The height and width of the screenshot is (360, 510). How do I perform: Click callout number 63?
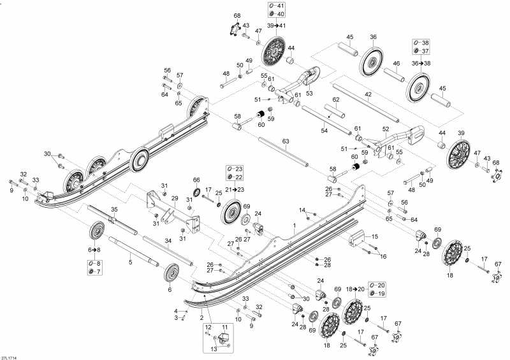point(285,141)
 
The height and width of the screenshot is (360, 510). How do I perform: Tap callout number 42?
point(368,94)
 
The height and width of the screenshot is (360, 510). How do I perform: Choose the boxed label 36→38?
point(420,63)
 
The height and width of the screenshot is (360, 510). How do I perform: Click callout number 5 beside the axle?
point(130,261)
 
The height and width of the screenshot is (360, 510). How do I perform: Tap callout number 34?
point(168,240)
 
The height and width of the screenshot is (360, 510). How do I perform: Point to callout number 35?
point(114,209)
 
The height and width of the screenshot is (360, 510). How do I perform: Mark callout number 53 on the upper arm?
point(310,93)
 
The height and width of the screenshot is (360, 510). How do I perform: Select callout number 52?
point(385,129)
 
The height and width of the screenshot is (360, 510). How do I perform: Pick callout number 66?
point(196,180)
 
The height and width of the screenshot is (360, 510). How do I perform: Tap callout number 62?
point(335,100)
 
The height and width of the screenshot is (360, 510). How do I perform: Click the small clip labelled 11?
point(224,336)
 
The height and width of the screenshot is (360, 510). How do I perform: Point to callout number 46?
point(396,64)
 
